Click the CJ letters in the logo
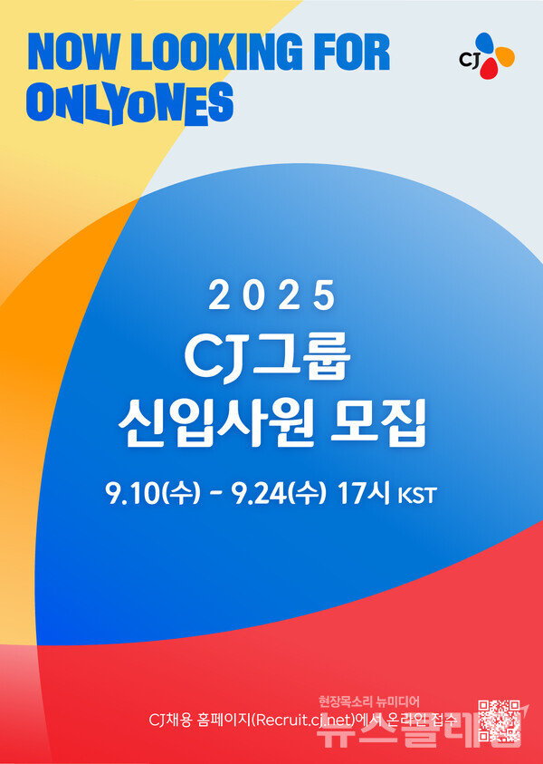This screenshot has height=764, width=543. click(469, 61)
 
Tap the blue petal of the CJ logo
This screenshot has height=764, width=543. click(486, 43)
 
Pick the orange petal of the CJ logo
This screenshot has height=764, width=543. click(505, 57)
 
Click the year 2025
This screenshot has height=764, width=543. click(271, 295)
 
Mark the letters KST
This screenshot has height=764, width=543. click(417, 497)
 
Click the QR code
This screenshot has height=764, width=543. click(500, 721)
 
